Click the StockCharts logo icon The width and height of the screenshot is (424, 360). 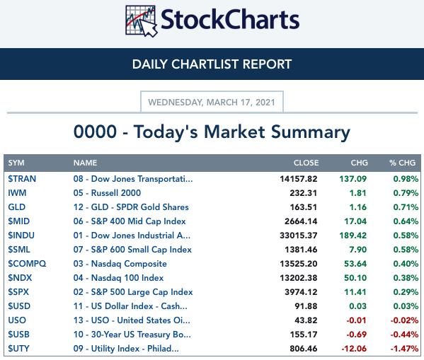[x=141, y=21]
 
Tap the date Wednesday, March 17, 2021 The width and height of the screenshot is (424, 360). [x=212, y=103]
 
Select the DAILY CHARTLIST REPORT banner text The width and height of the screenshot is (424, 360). [x=212, y=64]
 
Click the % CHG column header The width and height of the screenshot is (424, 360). [x=402, y=163]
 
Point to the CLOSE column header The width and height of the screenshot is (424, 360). [x=306, y=163]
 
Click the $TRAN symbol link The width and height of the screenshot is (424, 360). [x=22, y=179]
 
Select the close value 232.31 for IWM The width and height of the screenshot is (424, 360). [x=304, y=193]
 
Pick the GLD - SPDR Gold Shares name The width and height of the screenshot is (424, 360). [x=131, y=207]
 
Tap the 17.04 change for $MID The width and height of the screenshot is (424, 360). [x=355, y=221]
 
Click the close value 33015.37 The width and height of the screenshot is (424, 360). [x=299, y=236]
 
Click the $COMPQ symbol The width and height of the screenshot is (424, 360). [x=27, y=264]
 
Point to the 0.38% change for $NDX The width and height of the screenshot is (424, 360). [x=406, y=278]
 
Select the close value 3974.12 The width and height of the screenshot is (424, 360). [x=301, y=292]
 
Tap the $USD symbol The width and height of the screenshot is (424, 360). [x=19, y=306]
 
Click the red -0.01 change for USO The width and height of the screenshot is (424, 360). [x=356, y=320]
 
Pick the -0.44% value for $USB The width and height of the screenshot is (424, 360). [x=404, y=335]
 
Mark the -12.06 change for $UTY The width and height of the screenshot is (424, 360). [x=354, y=349]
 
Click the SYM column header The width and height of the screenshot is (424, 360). [x=16, y=163]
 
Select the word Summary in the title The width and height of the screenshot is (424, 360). [x=311, y=132]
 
